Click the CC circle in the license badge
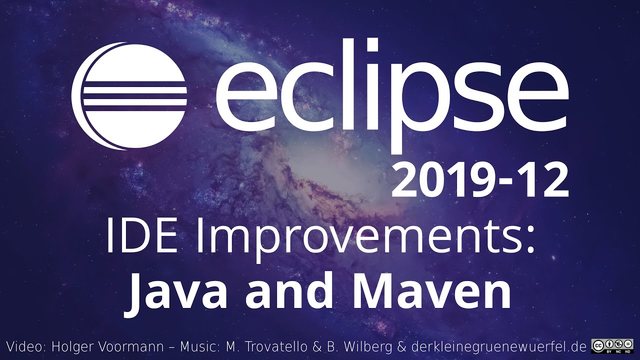tap(597, 344)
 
